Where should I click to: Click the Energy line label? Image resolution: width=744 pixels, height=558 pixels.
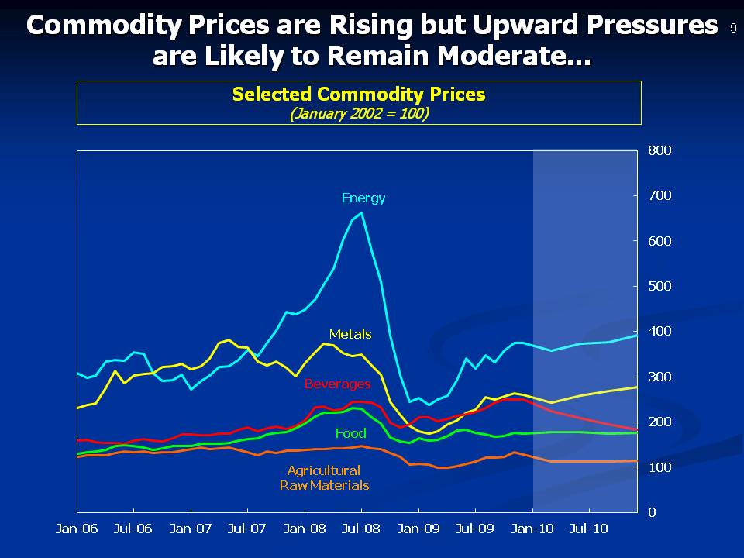point(363,198)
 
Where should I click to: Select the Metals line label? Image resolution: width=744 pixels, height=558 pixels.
point(350,334)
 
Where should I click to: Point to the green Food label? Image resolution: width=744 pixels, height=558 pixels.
point(350,433)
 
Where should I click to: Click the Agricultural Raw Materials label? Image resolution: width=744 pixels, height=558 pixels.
point(324,477)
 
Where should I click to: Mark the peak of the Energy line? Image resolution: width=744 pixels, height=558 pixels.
point(362,212)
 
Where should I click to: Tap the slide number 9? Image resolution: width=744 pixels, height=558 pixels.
point(732,28)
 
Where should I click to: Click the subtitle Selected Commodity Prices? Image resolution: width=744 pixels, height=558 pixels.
point(359,94)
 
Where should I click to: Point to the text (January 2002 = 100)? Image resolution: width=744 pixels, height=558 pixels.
point(359,113)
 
